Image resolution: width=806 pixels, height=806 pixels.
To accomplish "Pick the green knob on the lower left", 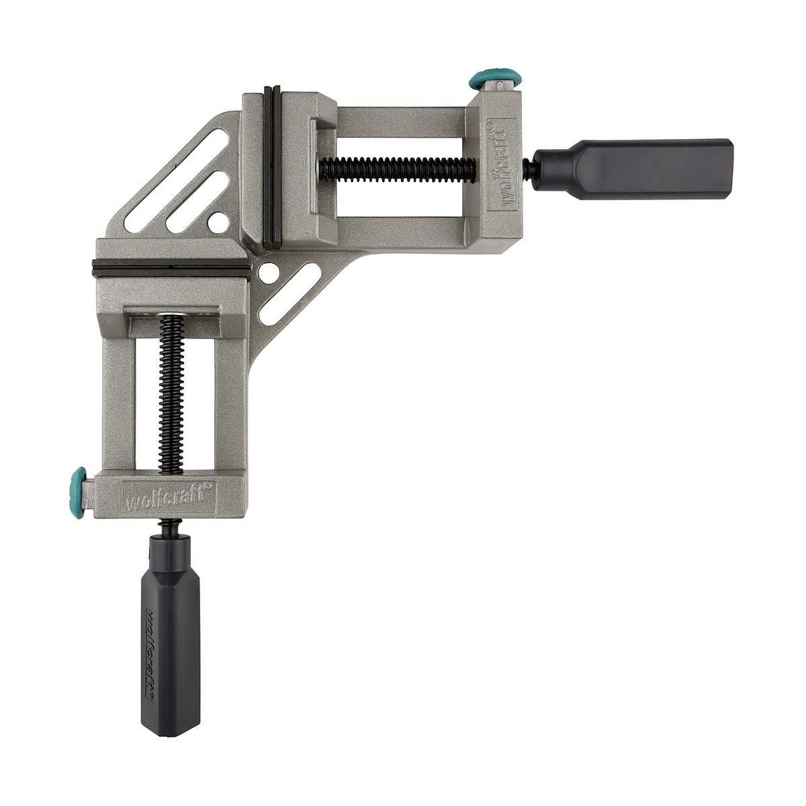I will (x=79, y=490).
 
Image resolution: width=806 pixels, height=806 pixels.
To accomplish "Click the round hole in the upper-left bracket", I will (x=217, y=220).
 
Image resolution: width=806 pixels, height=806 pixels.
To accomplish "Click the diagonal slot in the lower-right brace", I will (x=290, y=294).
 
